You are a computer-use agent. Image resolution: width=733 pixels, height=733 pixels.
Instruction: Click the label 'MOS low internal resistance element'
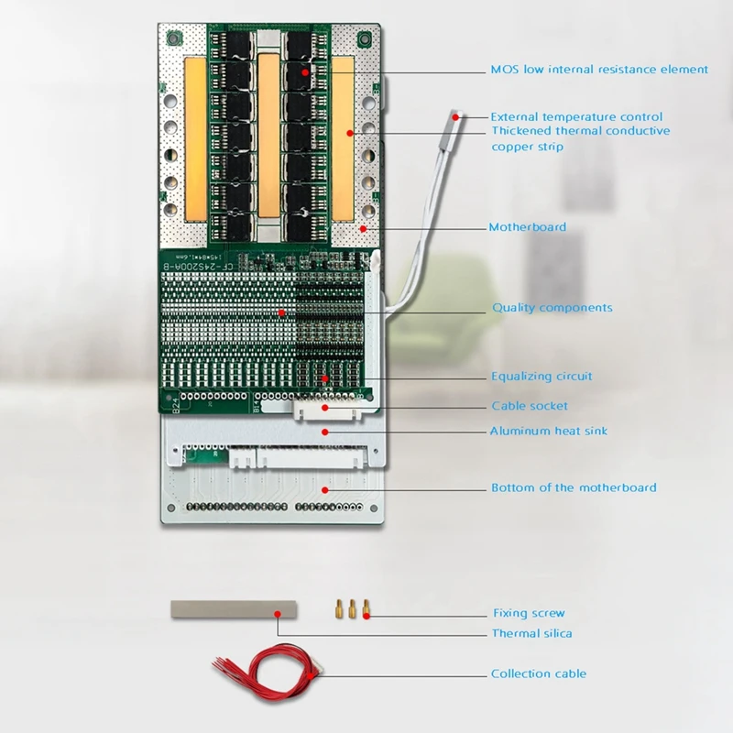tap(598, 70)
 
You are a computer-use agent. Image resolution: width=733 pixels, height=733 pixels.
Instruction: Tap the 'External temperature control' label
tap(576, 117)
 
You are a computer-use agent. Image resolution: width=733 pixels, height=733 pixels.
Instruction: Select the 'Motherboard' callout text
tap(528, 227)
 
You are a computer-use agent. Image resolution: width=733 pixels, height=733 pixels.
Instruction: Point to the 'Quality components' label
tap(552, 308)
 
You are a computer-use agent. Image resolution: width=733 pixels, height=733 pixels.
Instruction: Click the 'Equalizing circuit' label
tap(542, 377)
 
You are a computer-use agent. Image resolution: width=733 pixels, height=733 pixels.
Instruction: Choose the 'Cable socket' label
tap(530, 406)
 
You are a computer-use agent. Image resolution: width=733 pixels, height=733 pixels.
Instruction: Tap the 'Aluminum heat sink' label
tap(548, 431)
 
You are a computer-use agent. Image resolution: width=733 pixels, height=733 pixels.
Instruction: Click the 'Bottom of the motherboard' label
tap(574, 487)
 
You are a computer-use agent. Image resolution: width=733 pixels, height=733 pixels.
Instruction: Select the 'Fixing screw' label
tap(529, 614)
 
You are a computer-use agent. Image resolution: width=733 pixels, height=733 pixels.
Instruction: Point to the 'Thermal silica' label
tap(532, 633)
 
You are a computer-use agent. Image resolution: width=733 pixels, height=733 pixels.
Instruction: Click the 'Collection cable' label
tap(538, 674)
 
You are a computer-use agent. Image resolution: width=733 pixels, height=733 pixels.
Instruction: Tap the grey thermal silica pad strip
tap(234, 609)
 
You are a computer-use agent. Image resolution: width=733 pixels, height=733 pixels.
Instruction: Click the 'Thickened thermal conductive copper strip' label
tap(580, 138)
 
